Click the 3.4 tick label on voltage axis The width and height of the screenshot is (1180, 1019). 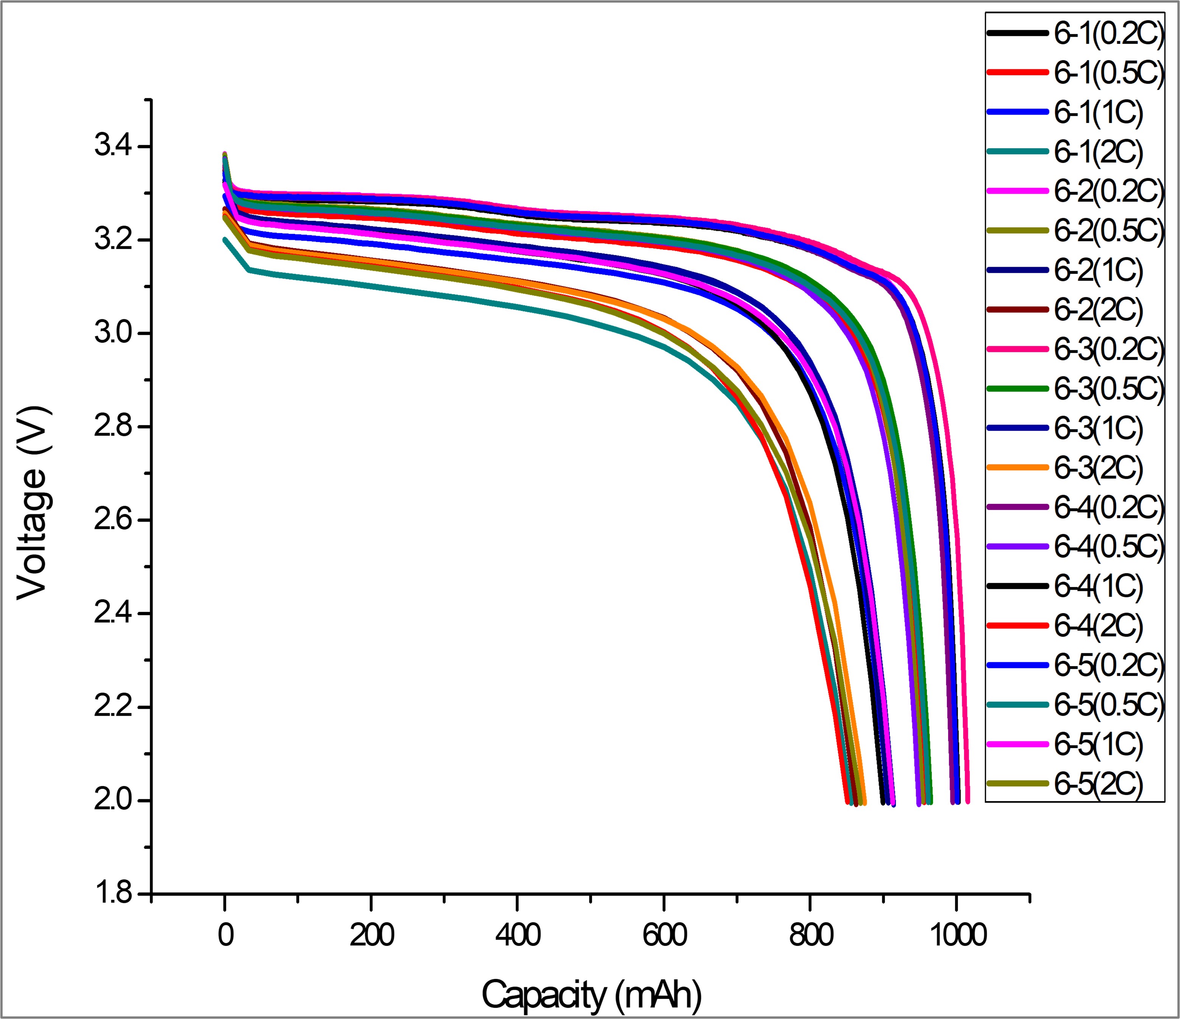click(113, 147)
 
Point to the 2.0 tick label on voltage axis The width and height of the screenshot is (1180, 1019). click(113, 800)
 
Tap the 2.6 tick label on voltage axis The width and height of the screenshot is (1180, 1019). click(113, 520)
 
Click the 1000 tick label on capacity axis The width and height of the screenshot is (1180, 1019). click(957, 936)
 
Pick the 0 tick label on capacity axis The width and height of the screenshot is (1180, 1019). click(225, 936)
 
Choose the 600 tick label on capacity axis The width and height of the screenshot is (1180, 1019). click(664, 936)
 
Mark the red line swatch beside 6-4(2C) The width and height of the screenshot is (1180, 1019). click(1017, 626)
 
